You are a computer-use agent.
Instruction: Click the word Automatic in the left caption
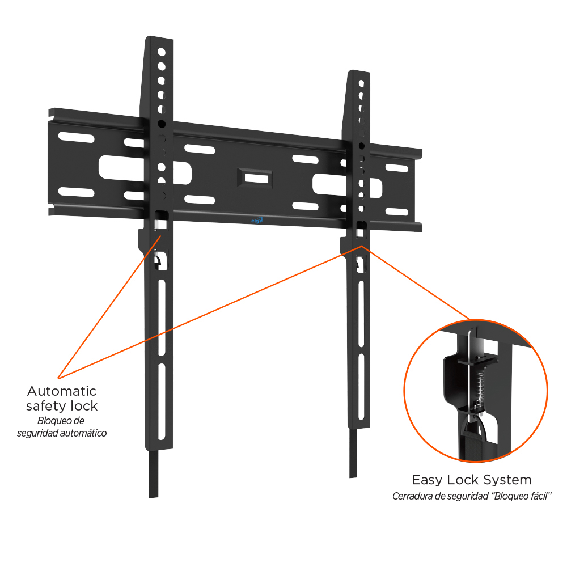pos(62,391)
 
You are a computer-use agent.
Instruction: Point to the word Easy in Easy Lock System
pos(427,480)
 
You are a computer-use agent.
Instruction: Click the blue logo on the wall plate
pos(257,220)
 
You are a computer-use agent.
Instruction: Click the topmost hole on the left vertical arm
pos(161,52)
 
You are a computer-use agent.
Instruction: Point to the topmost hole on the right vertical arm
pos(361,83)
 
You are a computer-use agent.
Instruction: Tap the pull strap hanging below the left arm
pos(153,473)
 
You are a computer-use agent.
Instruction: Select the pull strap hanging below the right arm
pos(353,452)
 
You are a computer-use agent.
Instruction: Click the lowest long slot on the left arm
pos(161,401)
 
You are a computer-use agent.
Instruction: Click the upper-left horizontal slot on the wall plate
pos(77,137)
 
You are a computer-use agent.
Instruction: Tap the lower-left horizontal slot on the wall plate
pos(77,192)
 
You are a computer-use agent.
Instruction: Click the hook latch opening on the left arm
pos(161,260)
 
